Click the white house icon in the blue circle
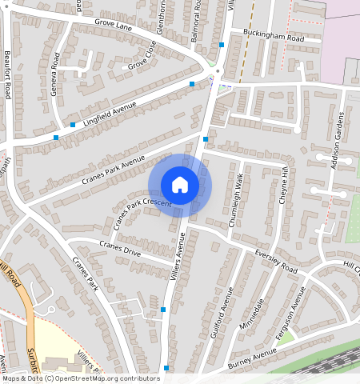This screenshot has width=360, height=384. pyautogui.click(x=180, y=185)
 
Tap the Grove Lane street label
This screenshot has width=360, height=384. pyautogui.click(x=112, y=26)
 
